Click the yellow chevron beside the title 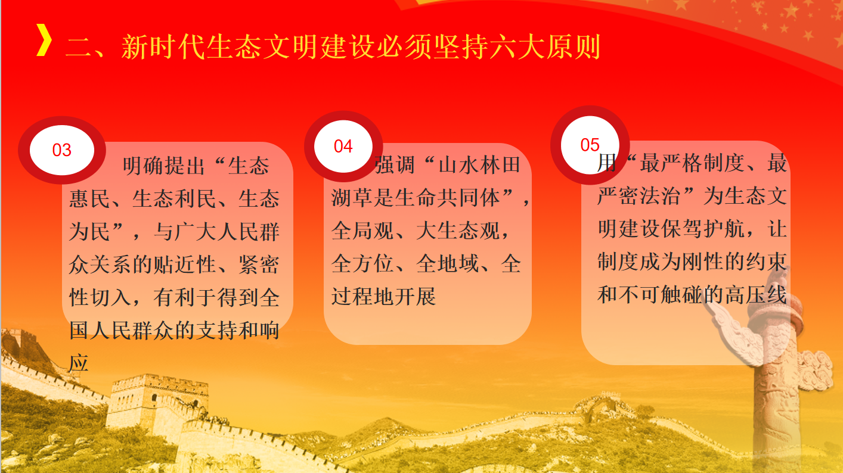[x=44, y=40]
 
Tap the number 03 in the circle [x=62, y=150]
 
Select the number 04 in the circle [x=343, y=147]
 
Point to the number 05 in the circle [x=590, y=145]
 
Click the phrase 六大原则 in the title [x=545, y=47]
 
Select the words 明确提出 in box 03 [x=164, y=166]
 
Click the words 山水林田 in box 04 [x=479, y=164]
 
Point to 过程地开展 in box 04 [x=384, y=296]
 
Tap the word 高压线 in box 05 [x=756, y=294]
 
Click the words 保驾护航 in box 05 [x=702, y=229]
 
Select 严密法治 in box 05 [x=639, y=196]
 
